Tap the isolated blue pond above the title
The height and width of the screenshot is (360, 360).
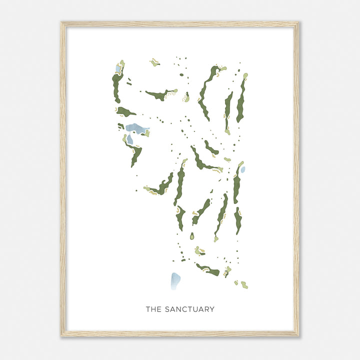click(x=175, y=281)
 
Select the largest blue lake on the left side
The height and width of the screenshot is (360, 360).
click(x=136, y=128)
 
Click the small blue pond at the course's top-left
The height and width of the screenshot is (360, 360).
click(x=118, y=68)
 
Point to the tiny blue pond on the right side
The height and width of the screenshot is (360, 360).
click(x=243, y=169)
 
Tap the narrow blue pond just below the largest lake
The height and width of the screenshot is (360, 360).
click(x=129, y=139)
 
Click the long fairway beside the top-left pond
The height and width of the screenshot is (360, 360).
click(x=116, y=87)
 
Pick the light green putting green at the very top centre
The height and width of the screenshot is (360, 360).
click(x=154, y=63)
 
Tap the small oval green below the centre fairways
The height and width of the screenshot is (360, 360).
click(x=191, y=236)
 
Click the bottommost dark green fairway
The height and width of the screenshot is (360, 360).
click(x=208, y=270)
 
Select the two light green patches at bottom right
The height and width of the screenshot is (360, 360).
click(x=241, y=284)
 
